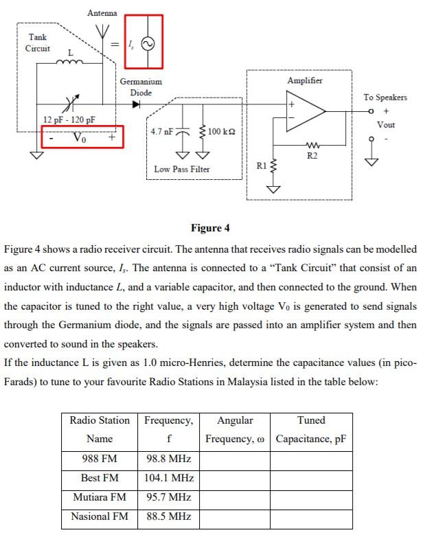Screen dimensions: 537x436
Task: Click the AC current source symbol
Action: pos(147,43)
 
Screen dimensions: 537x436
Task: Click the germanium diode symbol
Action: pos(136,105)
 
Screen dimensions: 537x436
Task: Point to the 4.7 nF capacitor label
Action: pos(161,130)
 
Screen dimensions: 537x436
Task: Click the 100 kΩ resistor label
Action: pos(221,130)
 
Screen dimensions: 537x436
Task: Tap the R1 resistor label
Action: pos(262,165)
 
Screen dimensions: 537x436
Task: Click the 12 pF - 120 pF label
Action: pos(69,119)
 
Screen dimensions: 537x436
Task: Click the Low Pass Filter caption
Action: pos(182,169)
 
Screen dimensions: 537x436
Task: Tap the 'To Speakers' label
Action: pos(385,97)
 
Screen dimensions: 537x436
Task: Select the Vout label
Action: pos(386,125)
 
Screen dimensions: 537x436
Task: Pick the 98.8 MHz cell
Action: pos(169,459)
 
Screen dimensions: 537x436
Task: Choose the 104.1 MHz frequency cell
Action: pos(169,478)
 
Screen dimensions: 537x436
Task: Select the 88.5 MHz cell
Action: pos(169,516)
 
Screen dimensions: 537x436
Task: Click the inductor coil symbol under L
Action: pos(70,62)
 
